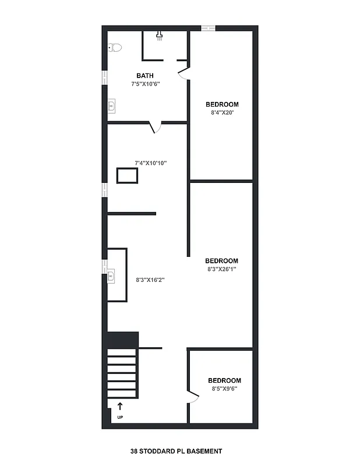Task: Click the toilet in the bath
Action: coord(114,48)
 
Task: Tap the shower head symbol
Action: coord(159,35)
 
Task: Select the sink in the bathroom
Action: coord(112,105)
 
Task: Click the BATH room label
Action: coord(145,76)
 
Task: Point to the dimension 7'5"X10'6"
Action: coord(145,84)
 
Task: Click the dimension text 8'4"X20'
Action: coord(221,112)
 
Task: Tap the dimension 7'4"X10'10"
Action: coord(151,163)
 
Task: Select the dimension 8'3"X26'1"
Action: coord(221,269)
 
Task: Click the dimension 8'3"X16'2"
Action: coord(150,280)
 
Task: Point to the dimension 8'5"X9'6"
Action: coord(224,389)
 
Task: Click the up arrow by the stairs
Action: coord(120,407)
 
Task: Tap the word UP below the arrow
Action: coord(120,418)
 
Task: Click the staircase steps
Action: coord(123,373)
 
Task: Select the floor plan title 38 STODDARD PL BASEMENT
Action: coord(176,451)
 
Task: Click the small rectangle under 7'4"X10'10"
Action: coord(128,175)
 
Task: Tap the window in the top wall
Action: coord(208,28)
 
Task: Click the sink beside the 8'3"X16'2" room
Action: coord(112,274)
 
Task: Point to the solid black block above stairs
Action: coord(122,340)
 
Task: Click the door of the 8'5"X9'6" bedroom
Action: coord(194,398)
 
